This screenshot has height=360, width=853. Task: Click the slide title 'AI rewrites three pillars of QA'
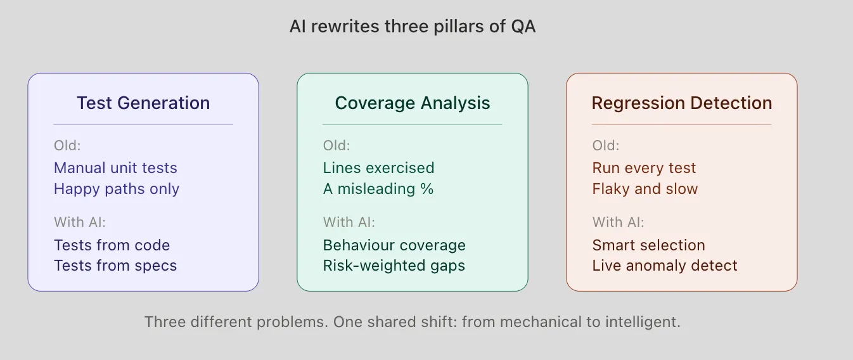(413, 26)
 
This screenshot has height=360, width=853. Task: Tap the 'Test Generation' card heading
(143, 103)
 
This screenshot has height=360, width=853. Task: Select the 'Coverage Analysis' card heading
(413, 103)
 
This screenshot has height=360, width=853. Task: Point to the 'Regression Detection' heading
(682, 103)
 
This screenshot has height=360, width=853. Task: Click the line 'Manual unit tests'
(115, 168)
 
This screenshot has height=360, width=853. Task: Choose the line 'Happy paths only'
(117, 189)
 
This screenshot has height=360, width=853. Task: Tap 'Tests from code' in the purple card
(112, 245)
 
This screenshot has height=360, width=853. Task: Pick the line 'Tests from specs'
(115, 266)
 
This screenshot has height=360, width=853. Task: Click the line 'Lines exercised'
(378, 168)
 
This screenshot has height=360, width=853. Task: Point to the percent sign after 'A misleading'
(427, 189)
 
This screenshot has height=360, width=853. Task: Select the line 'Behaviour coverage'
(394, 245)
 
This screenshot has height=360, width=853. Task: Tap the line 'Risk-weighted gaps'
(394, 266)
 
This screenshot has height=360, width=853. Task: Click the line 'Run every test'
(644, 168)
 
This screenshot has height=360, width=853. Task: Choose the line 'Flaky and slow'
(645, 189)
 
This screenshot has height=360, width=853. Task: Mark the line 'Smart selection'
(648, 245)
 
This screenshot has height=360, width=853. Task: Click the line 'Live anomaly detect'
(665, 266)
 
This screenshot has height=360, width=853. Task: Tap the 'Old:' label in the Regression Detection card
(606, 146)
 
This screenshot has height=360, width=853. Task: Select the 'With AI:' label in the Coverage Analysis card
(349, 222)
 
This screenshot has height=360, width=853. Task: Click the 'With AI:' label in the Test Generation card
(80, 222)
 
